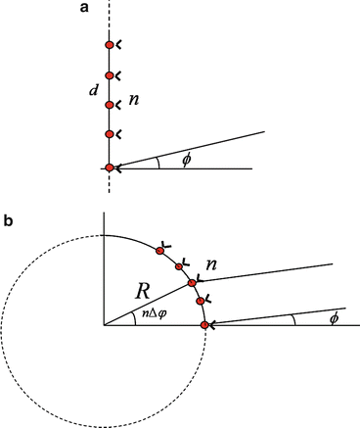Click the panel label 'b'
click(x=9, y=221)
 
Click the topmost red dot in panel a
click(x=111, y=45)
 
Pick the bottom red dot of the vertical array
click(x=111, y=168)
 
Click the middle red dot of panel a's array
click(x=111, y=104)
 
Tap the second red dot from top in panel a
click(x=111, y=74)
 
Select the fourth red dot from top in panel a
click(x=111, y=134)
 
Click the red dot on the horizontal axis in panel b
click(x=204, y=325)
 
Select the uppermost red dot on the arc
click(x=160, y=252)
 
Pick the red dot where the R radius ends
click(x=194, y=283)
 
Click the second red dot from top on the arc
click(x=179, y=265)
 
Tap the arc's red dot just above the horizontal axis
click(x=201, y=301)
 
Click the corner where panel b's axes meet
click(x=104, y=325)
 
